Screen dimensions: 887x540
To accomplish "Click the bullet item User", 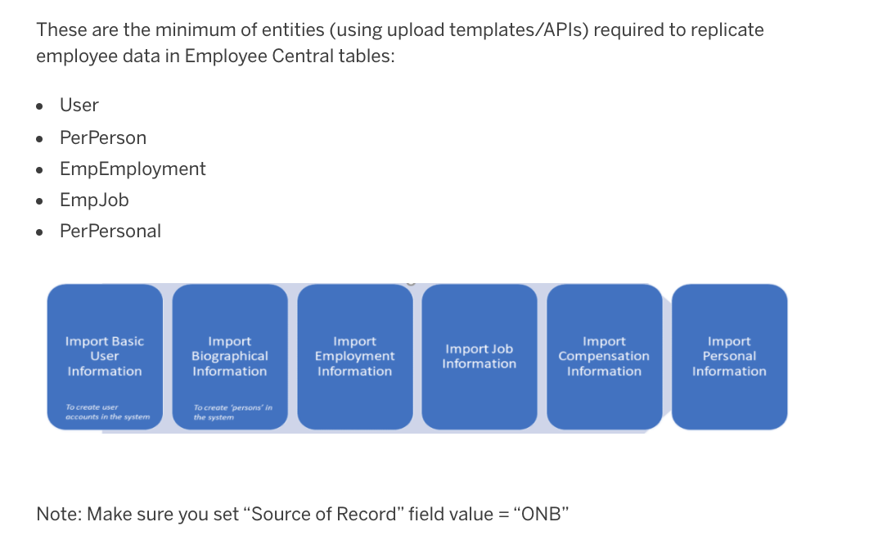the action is [79, 106].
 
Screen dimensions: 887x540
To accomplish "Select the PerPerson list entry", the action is [103, 137].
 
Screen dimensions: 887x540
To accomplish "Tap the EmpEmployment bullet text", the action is [133, 169].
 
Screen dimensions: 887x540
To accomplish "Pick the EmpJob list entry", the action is [94, 200].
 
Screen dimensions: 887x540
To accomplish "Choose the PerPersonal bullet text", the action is [110, 232].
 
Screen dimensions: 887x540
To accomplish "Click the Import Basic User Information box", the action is [106, 357].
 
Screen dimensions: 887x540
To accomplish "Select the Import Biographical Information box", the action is [230, 357].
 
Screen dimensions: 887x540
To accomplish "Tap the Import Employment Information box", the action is [355, 357].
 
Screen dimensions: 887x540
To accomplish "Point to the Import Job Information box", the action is [480, 357].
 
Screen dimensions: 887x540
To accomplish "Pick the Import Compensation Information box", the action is [605, 357].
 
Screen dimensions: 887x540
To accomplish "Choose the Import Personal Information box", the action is [730, 357].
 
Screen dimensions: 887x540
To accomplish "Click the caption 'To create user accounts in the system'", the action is [107, 412].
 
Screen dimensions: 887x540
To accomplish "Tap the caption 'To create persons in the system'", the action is [232, 412].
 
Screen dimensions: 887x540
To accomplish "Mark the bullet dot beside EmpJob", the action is [39, 201].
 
